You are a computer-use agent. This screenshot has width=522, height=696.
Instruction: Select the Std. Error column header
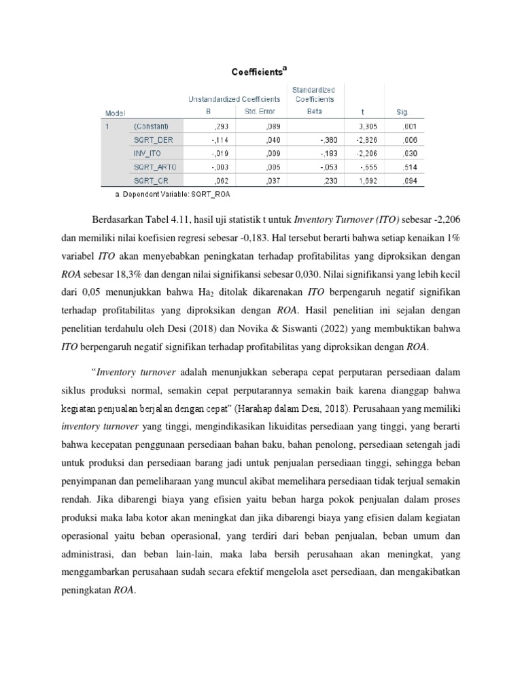[x=249, y=111]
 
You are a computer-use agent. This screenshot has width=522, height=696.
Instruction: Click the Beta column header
[x=315, y=111]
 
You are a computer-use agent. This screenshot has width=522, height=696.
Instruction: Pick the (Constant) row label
[x=150, y=126]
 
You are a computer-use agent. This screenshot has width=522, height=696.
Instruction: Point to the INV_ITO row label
[x=148, y=154]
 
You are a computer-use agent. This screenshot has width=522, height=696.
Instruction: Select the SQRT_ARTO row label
[x=154, y=167]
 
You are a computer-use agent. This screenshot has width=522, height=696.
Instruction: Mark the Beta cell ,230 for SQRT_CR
[x=329, y=181]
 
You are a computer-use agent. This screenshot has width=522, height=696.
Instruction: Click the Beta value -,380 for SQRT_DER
[x=328, y=140]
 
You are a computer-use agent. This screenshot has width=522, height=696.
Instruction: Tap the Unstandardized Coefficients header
[x=234, y=99]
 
